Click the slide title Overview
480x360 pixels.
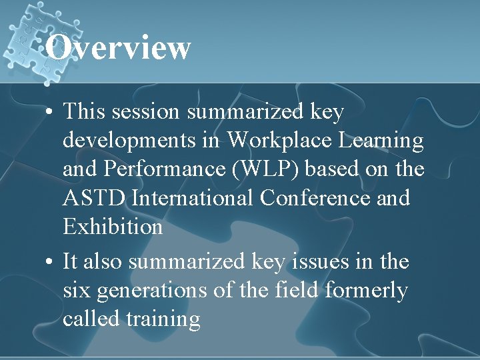point(119,48)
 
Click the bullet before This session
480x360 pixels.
point(50,113)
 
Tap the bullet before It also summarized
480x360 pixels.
point(50,262)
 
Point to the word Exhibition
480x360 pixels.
point(113,227)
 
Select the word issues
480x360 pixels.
point(327,262)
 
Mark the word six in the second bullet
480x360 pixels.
point(76,291)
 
